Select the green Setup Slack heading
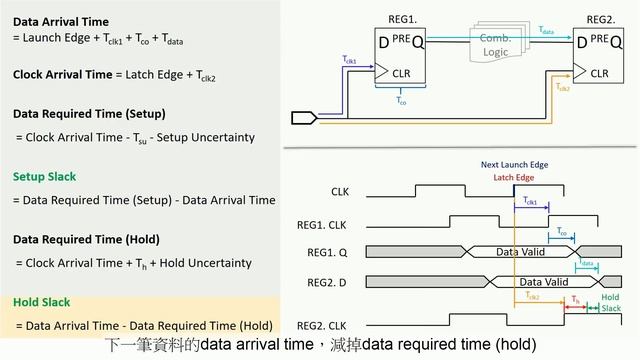(x=44, y=177)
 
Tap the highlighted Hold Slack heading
(x=41, y=302)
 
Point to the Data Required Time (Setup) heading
(x=89, y=113)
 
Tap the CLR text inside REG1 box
(x=402, y=73)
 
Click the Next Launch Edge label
(x=513, y=163)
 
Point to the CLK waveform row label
(x=340, y=190)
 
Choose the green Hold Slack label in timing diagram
(x=610, y=303)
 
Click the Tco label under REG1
(x=401, y=100)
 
